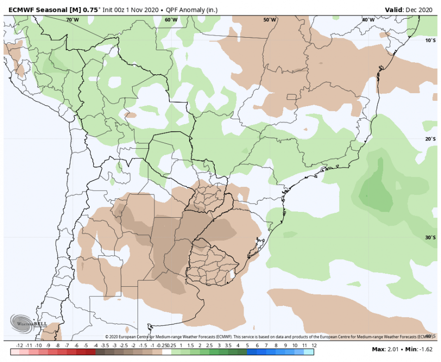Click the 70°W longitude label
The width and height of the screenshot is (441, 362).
72,20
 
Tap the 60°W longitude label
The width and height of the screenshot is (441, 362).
171,20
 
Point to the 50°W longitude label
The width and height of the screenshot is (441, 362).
270,20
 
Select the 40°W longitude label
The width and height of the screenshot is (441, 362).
368,20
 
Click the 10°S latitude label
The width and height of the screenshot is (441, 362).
430,41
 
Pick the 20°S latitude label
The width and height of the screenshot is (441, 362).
430,139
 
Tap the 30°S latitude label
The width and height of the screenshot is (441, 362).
430,237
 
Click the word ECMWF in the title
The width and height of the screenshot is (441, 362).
23,9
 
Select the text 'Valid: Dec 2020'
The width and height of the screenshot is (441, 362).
410,9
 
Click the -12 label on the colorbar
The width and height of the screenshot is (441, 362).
20,346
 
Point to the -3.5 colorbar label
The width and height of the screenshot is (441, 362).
104,346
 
